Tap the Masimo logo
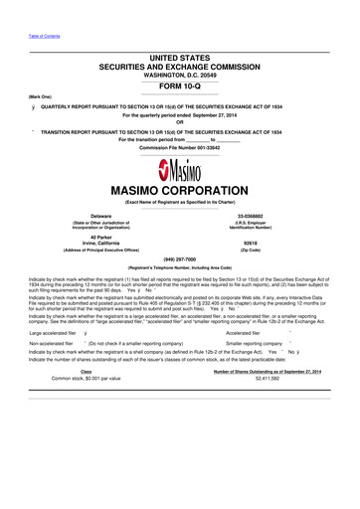(180, 170)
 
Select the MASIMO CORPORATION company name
(180, 189)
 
